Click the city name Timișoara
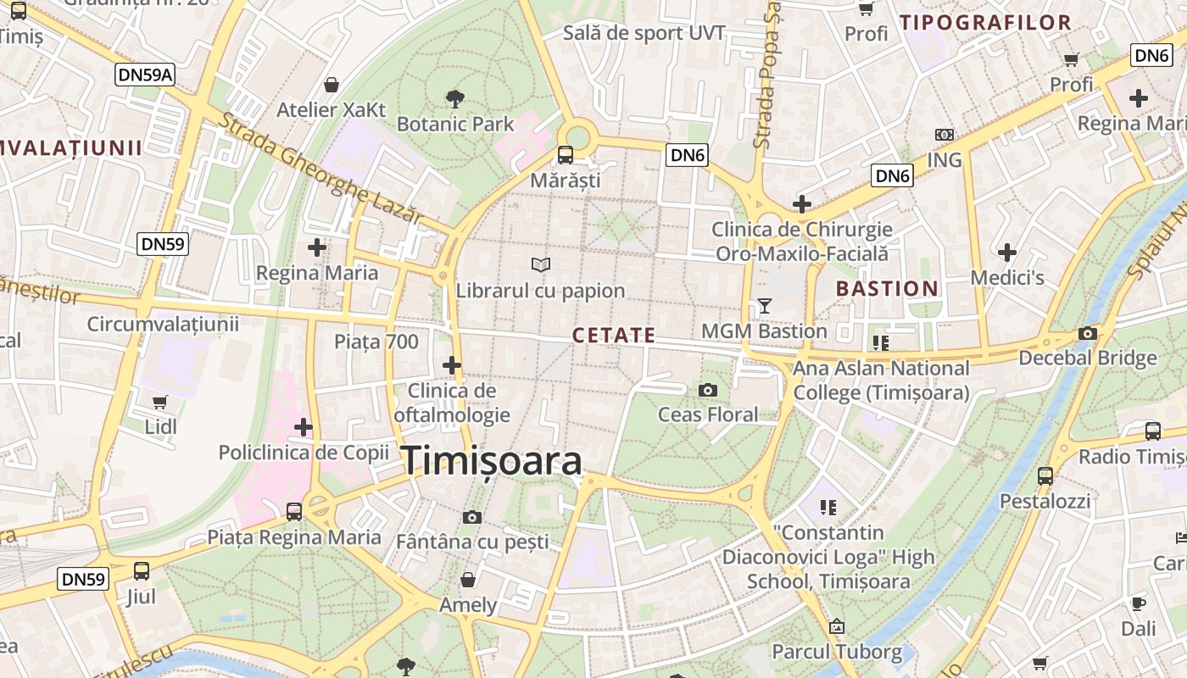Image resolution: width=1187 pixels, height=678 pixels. coord(492,461)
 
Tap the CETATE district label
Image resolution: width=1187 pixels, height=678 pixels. coord(614,336)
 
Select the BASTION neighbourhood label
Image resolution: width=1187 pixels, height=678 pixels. coord(887,289)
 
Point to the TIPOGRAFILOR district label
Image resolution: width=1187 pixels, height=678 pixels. coord(985,23)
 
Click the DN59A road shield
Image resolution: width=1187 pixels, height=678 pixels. coord(145,75)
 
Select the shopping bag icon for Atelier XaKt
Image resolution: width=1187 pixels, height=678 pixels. coord(332,85)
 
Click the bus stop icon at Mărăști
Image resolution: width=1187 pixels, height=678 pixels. coord(565,155)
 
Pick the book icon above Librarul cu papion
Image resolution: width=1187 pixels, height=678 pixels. coord(540,265)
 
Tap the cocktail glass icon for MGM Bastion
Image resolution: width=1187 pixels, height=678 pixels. coord(765,305)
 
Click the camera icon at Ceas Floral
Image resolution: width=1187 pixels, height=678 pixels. coord(707,390)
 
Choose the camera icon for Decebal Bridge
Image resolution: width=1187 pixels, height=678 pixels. coord(1087,333)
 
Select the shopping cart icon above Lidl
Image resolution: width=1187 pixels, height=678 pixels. coord(160,401)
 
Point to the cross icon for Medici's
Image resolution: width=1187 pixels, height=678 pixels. coord(1006,253)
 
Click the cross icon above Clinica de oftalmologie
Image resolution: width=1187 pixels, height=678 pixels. coord(452,365)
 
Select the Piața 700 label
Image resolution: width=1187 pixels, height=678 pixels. coord(376,342)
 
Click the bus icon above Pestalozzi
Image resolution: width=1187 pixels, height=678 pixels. coord(1045,475)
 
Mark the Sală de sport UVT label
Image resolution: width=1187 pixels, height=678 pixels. coord(644,33)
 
